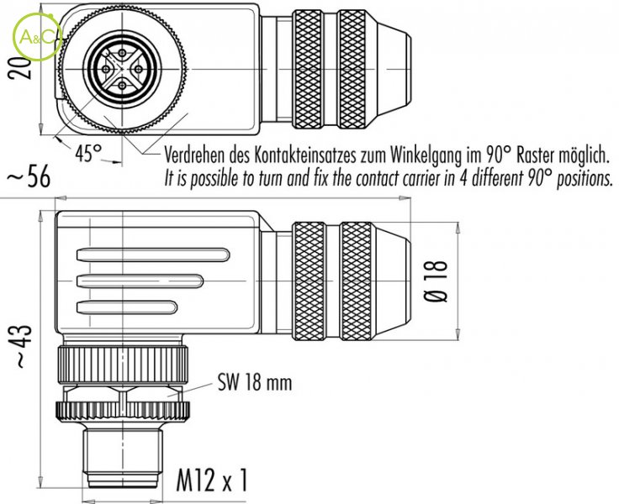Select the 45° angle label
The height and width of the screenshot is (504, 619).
(87, 154)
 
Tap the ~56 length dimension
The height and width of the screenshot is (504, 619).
(29, 177)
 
